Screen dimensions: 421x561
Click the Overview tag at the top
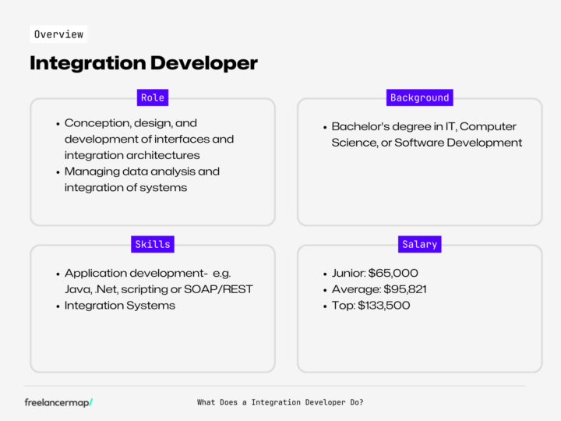[58, 34]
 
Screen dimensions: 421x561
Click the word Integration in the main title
[86, 63]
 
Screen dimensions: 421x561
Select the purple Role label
[152, 97]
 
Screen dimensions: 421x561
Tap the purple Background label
[420, 97]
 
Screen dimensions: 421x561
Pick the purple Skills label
[152, 244]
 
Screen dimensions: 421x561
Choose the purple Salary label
[420, 244]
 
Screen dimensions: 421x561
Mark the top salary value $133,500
[384, 306]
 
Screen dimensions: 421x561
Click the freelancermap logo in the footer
[58, 402]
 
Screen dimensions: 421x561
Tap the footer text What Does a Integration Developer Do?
[280, 402]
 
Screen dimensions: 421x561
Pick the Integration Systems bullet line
[120, 306]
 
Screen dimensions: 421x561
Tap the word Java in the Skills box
[77, 289]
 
